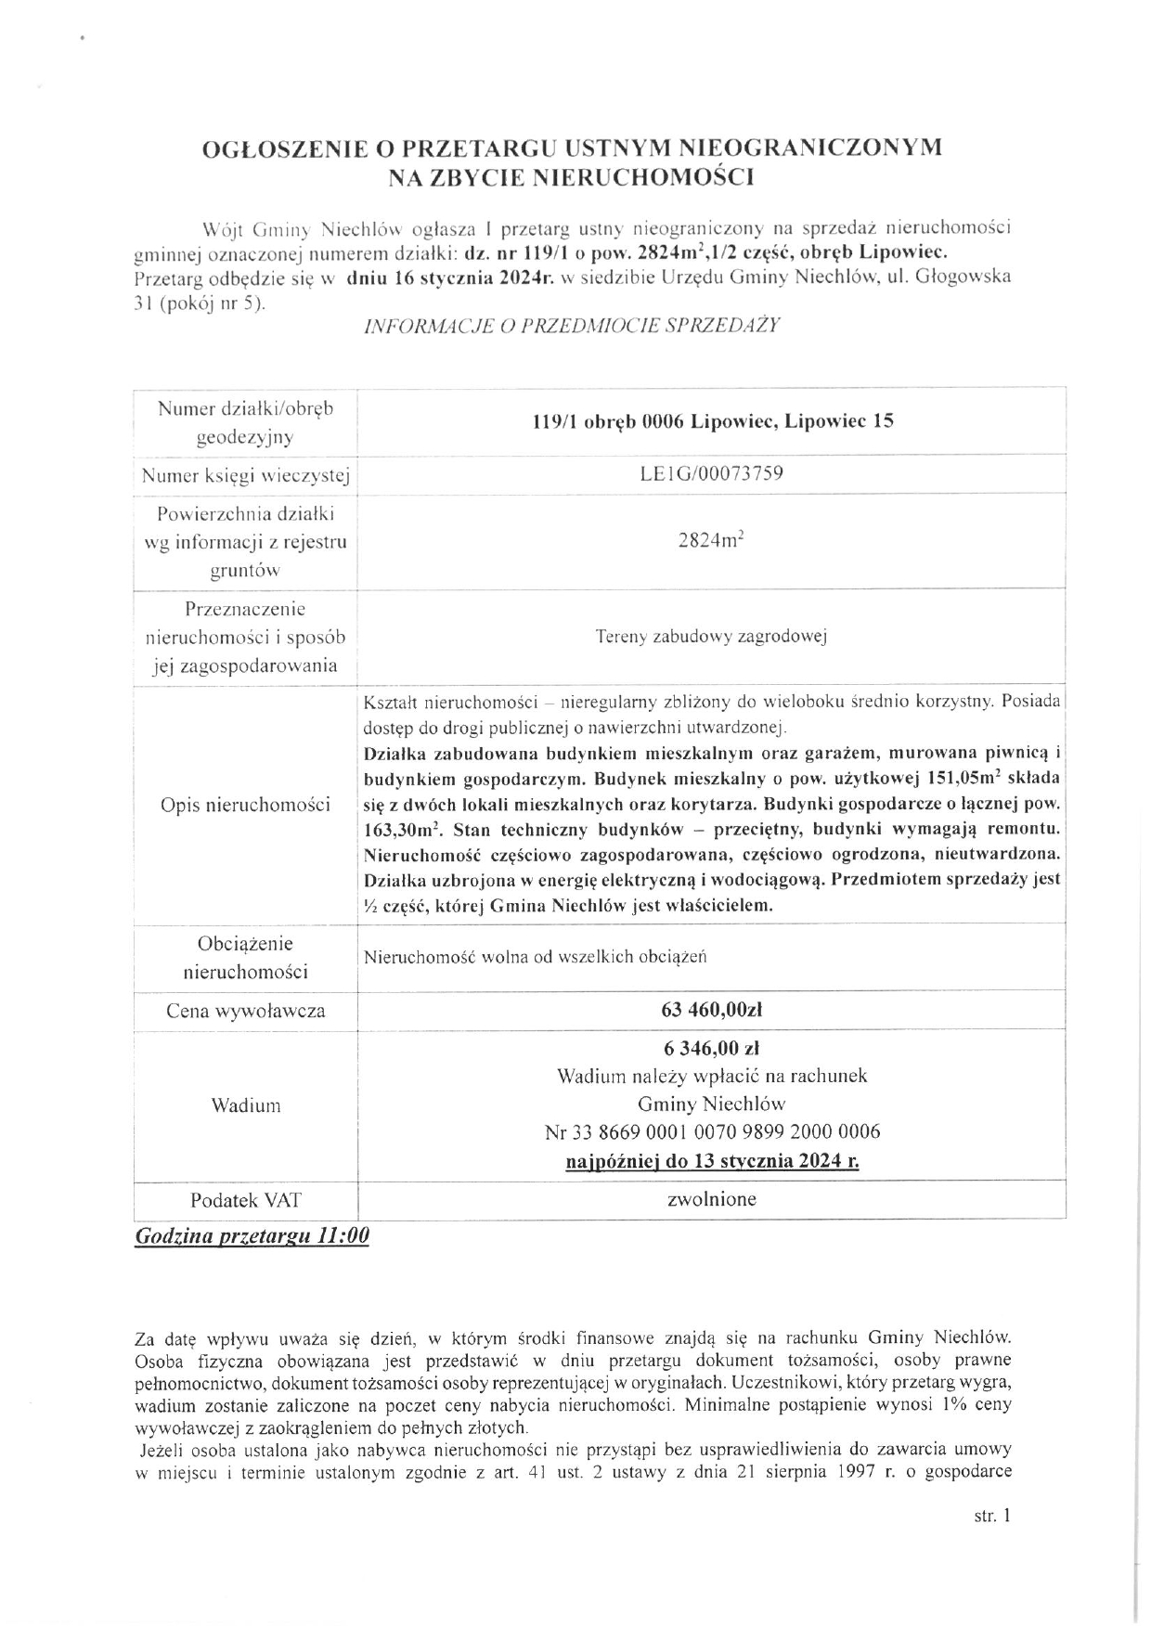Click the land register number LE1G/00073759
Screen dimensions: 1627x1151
[711, 473]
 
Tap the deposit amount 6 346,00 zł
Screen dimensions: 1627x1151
[711, 1048]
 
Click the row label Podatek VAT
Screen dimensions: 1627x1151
[245, 1199]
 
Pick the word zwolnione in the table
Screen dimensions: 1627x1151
[711, 1198]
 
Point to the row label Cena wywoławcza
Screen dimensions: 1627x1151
[245, 1011]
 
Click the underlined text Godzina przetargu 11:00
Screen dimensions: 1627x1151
[252, 1236]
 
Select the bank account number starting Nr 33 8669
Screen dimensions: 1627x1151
[711, 1131]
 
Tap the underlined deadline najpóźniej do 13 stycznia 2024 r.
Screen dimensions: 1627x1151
[711, 1160]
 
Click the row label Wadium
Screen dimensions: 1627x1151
[245, 1104]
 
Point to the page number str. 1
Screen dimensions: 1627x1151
[991, 1516]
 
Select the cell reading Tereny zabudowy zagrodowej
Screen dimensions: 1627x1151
[711, 637]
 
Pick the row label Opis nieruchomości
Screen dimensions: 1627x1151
[245, 805]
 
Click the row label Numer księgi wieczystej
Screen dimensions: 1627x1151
[245, 476]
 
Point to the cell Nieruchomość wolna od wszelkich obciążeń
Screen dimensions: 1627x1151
[536, 956]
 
